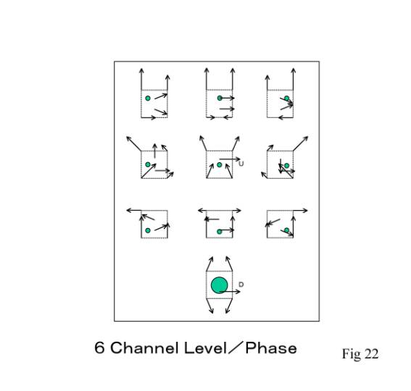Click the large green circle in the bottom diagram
coord(220,285)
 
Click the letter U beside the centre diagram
coord(241,164)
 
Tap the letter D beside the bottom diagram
coord(241,285)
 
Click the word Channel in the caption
coord(145,348)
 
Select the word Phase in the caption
coord(271,348)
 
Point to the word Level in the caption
coord(205,348)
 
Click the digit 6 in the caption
coord(99,348)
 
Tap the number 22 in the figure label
coord(371,354)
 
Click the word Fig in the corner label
coord(352,354)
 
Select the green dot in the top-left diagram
coord(148,98)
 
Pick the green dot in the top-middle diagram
coord(220,98)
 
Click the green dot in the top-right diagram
coord(287,98)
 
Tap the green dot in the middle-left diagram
coord(148,164)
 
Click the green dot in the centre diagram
coord(220,165)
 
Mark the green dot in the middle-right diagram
coord(287,166)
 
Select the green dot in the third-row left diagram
coord(148,230)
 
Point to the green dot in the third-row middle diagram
coord(220,231)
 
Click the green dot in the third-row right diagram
coord(287,230)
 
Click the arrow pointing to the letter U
coord(230,159)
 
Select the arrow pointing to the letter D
coord(230,292)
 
